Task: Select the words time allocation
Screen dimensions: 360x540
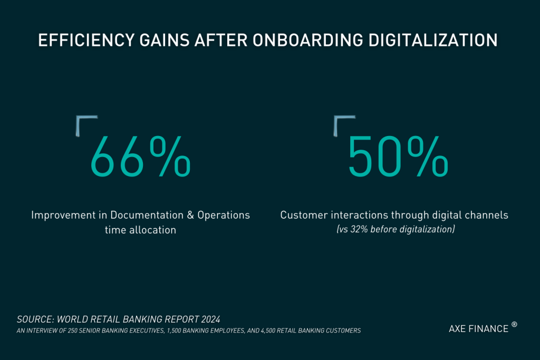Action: (x=140, y=230)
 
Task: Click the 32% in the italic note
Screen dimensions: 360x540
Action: (x=362, y=230)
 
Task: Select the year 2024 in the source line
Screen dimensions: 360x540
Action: (x=209, y=319)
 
